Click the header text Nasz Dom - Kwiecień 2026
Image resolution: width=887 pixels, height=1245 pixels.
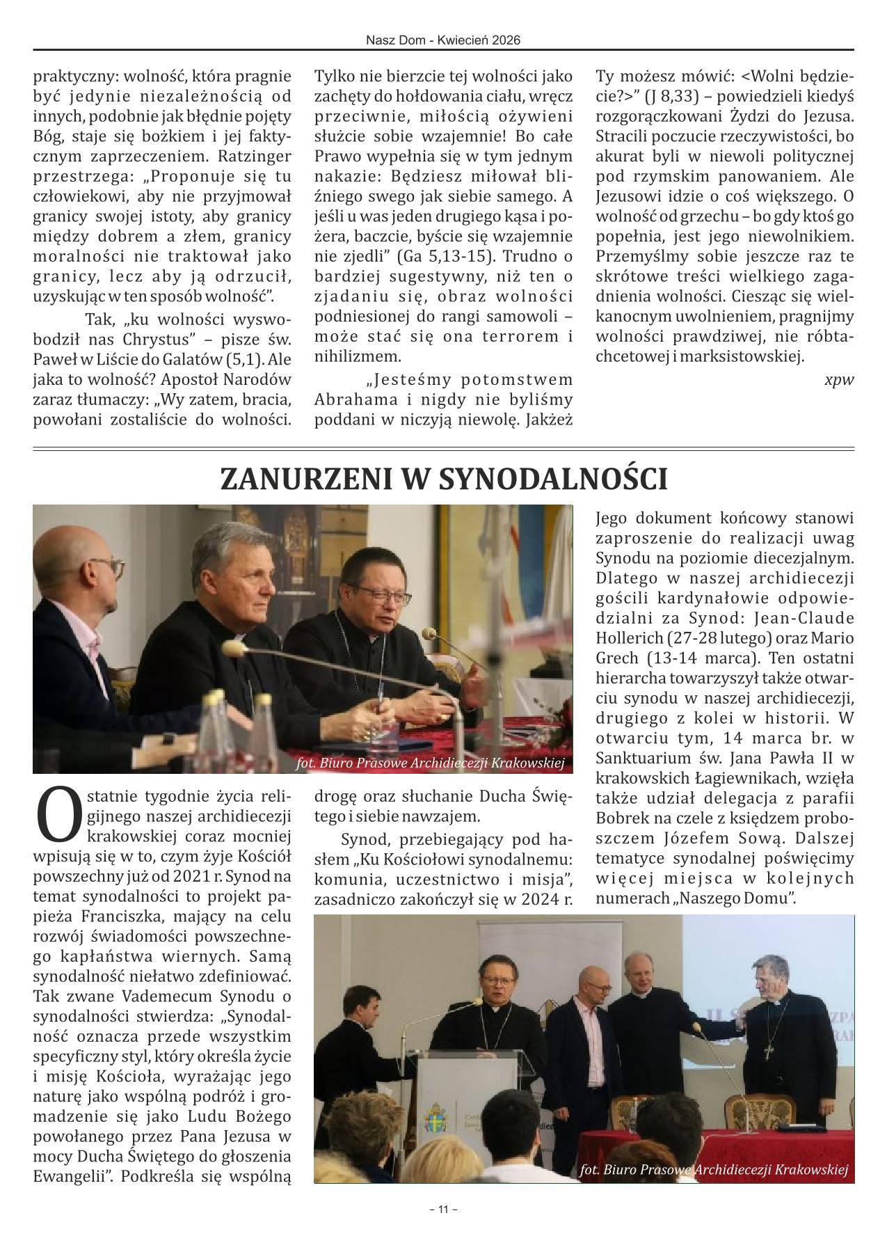click(x=443, y=41)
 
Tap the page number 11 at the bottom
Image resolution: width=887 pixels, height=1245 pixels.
click(x=443, y=1210)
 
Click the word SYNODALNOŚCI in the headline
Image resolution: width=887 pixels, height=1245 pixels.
click(x=554, y=480)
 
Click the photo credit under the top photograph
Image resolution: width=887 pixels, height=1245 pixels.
click(x=429, y=763)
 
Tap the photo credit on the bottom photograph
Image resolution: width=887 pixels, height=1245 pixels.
click(x=714, y=1170)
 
